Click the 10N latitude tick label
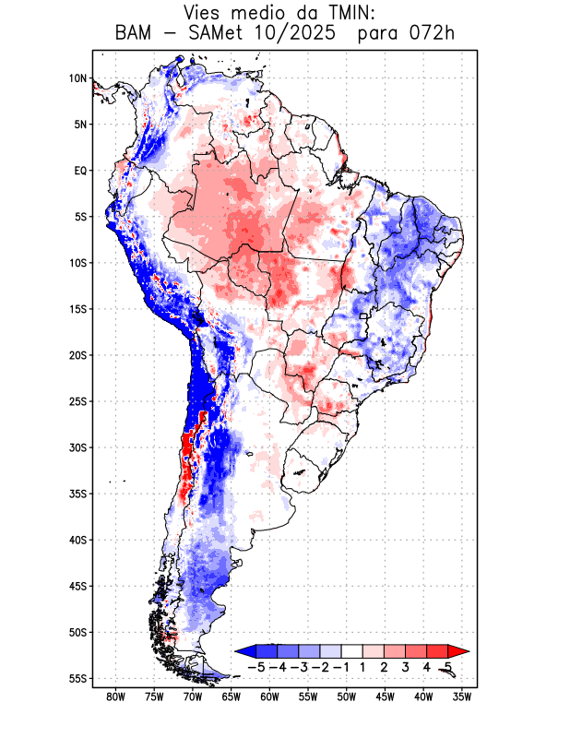pyautogui.click(x=77, y=78)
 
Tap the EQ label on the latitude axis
pyautogui.click(x=80, y=171)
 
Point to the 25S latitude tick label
pyautogui.click(x=77, y=401)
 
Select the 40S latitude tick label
pyautogui.click(x=77, y=540)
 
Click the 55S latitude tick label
pyautogui.click(x=77, y=678)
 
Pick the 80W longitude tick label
pyautogui.click(x=115, y=697)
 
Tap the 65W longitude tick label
pyautogui.click(x=232, y=697)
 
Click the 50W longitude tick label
pyautogui.click(x=347, y=697)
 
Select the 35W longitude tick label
pyautogui.click(x=462, y=697)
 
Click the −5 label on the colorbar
pyautogui.click(x=256, y=666)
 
